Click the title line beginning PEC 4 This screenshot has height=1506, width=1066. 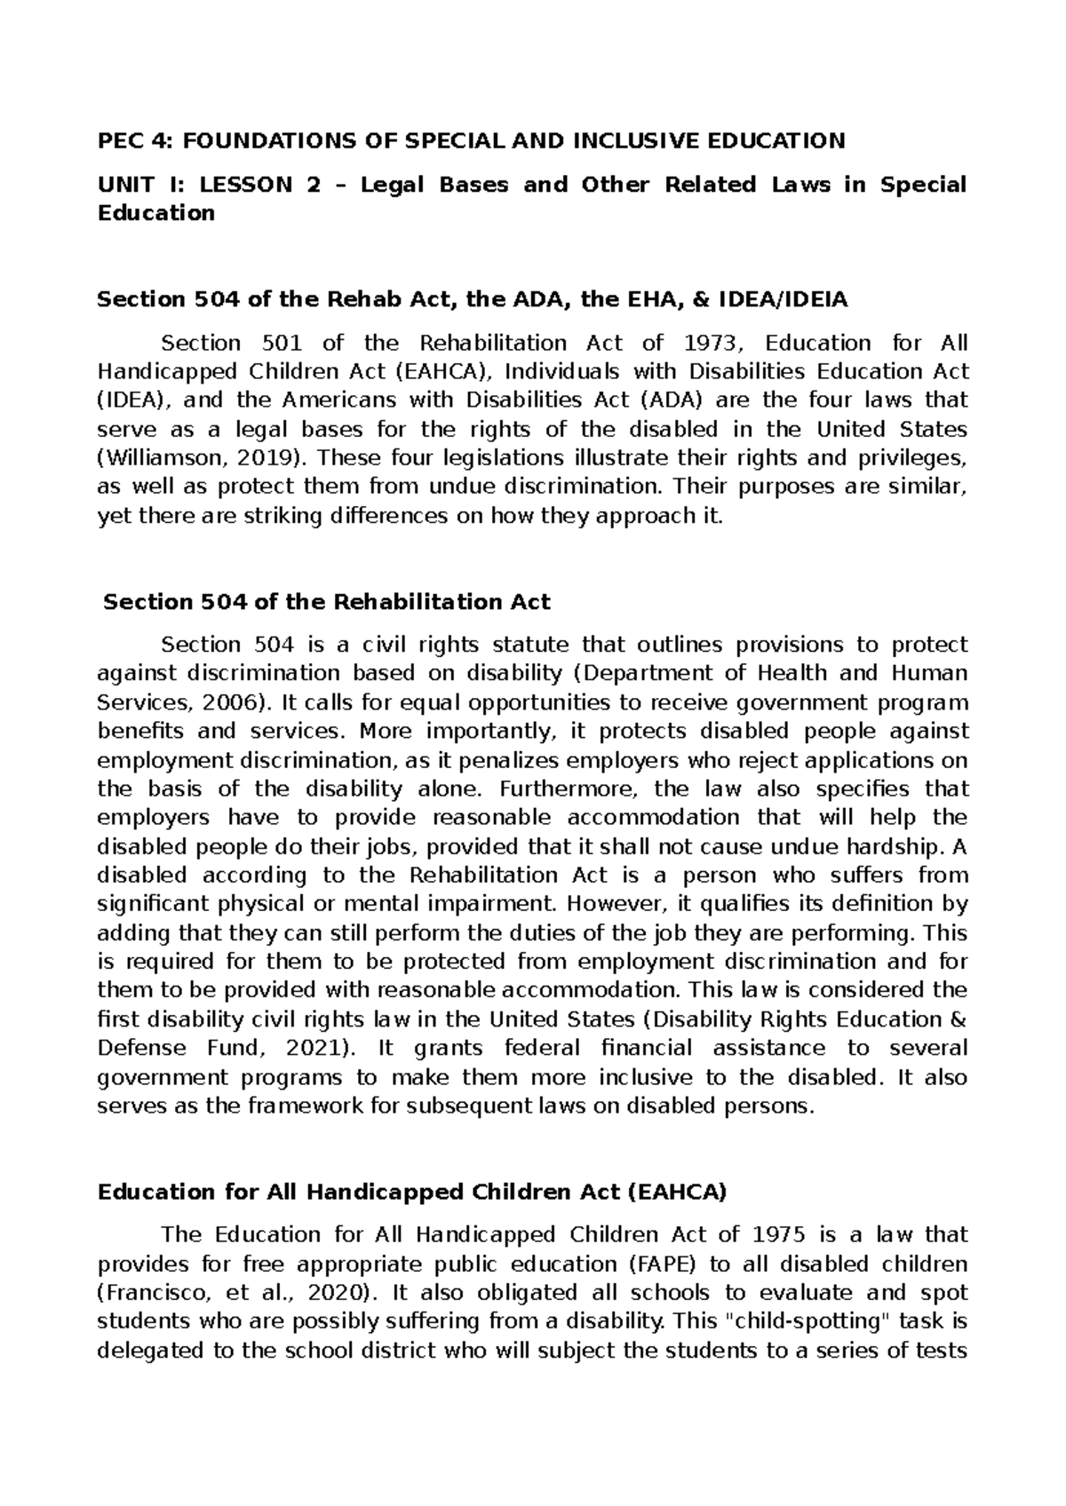(x=471, y=140)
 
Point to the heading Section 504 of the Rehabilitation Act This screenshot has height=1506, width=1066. (x=327, y=602)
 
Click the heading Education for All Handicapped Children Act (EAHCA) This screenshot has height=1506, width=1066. (x=411, y=1193)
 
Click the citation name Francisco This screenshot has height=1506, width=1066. (x=152, y=1292)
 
